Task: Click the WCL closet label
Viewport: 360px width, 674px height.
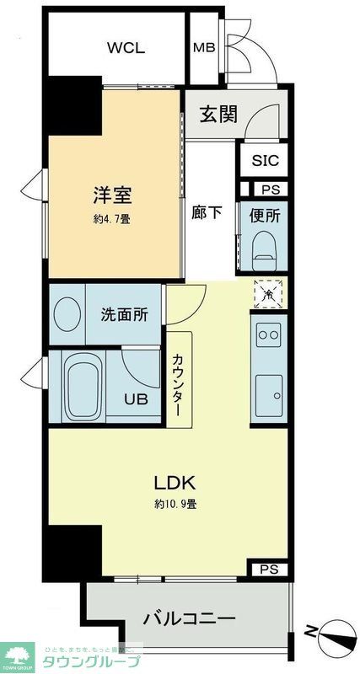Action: point(126,47)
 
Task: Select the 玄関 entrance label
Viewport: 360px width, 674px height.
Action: point(218,114)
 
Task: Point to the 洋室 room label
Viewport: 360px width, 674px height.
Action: point(112,196)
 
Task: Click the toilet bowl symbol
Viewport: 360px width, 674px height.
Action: point(264,248)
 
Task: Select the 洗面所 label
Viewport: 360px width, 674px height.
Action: point(124,314)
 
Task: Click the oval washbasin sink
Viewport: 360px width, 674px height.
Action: point(67,314)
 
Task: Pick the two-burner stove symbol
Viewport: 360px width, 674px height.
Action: point(268,334)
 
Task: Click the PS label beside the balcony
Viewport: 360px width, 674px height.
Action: point(269,569)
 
